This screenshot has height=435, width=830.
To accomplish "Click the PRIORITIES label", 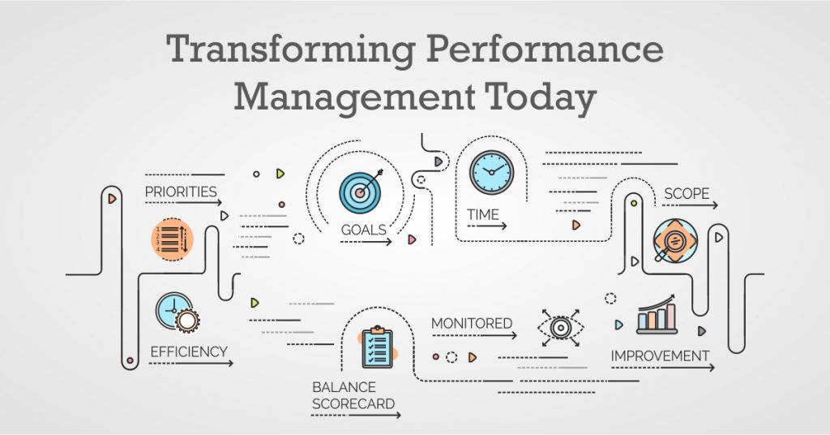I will pos(181,192).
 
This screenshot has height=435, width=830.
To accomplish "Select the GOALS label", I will pos(363,230).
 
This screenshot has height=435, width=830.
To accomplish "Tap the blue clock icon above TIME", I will pos(491,172).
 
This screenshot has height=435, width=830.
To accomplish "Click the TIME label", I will pos(482,214).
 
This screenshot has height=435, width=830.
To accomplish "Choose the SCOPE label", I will pos(687,194).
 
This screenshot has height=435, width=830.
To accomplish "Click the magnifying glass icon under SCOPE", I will pos(674,240).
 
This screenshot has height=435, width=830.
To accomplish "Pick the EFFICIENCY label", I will pos(189,352).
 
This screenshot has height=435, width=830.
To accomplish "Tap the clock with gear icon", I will pos(178,312).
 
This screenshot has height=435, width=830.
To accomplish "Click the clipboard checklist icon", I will pos(377,347).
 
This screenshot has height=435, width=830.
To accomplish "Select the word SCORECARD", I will pos(354,403).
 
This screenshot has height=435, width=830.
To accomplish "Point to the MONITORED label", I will pos(472,323).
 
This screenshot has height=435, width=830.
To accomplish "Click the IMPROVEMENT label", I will pos(660,355).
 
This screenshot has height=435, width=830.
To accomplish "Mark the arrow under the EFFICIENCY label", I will pos(191,364).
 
